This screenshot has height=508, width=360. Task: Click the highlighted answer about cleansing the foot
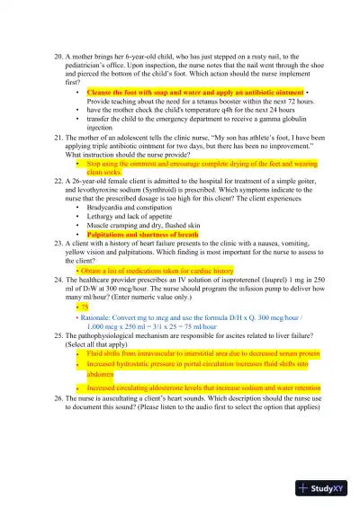tap(194, 92)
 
